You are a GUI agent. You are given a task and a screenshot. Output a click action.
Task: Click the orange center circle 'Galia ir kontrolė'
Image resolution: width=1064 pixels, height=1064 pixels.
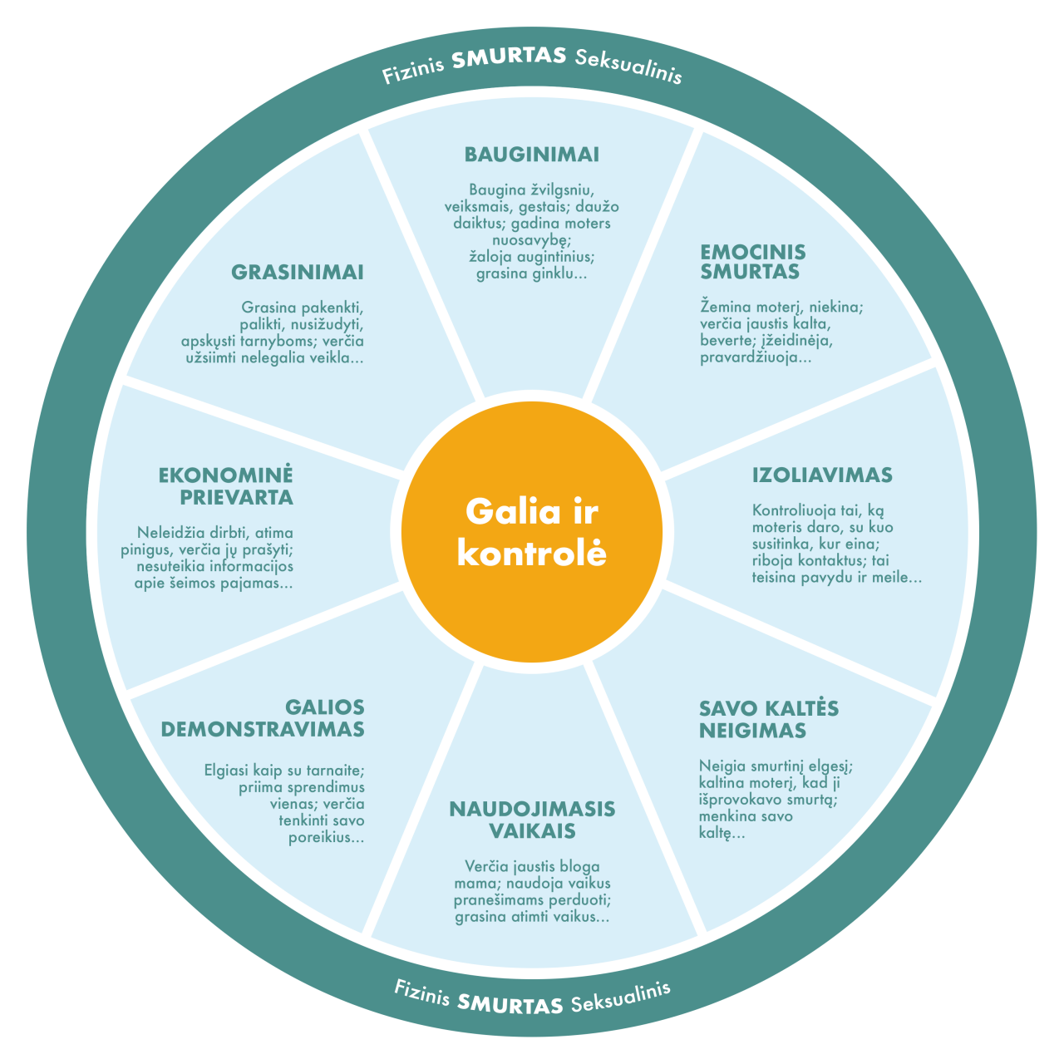point(532,532)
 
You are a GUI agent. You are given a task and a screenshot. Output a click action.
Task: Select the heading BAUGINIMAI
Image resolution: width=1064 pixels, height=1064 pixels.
point(532,155)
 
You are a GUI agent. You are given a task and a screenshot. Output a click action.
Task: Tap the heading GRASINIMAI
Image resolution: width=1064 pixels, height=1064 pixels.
point(298,273)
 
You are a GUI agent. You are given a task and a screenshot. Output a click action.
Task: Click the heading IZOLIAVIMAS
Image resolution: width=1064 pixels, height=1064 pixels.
point(822,475)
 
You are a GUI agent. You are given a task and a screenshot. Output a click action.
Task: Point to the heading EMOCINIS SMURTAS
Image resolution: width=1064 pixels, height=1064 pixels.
point(752,262)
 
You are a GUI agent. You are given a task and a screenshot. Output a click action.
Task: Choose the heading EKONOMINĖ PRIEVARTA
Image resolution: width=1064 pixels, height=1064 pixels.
point(226,486)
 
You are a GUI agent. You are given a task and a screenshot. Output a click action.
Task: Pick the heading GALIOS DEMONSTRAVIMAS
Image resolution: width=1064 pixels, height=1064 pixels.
point(263,718)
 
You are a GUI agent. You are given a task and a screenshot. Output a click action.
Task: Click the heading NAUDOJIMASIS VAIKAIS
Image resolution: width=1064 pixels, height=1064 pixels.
point(532,820)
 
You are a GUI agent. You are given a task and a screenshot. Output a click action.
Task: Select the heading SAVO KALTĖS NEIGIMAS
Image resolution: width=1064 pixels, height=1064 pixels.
point(768,720)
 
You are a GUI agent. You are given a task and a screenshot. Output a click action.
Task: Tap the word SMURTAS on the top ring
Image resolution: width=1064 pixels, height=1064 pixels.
point(510,58)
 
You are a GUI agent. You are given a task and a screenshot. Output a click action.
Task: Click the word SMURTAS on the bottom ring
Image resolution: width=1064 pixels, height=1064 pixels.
point(510,1004)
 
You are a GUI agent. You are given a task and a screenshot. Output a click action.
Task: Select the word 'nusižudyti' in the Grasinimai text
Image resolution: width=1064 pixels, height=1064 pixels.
point(327,324)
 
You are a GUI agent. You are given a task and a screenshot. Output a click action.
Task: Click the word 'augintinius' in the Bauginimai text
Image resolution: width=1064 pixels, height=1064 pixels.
point(548,257)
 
